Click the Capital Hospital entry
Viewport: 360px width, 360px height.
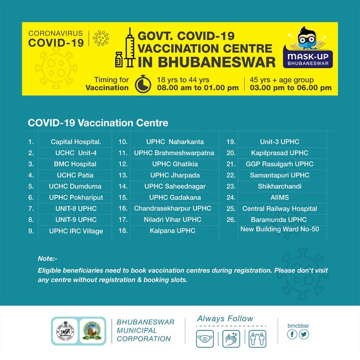click(75, 142)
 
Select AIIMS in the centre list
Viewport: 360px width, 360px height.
click(280, 197)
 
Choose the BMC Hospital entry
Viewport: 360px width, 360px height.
click(75, 164)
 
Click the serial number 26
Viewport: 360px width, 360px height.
click(231, 219)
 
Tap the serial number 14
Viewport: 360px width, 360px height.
click(123, 186)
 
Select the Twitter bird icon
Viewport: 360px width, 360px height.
click(303, 334)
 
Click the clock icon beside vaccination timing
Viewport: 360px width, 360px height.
click(142, 84)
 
